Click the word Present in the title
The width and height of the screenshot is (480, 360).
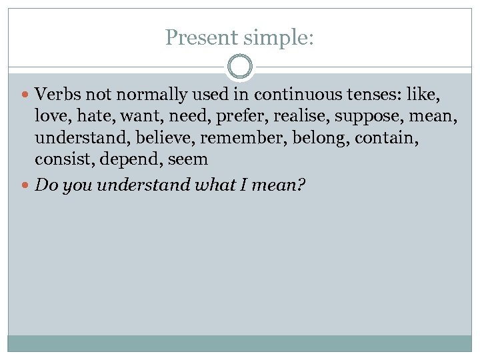tap(200, 37)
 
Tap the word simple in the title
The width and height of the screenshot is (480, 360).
tap(277, 37)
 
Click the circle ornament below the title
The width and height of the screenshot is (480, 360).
tap(240, 67)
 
